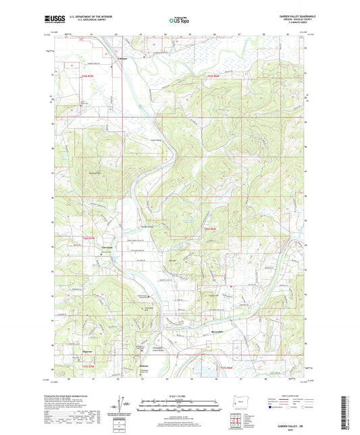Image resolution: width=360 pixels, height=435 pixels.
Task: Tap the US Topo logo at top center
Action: (178, 21)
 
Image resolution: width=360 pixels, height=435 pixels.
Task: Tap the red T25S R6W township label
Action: (215, 76)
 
